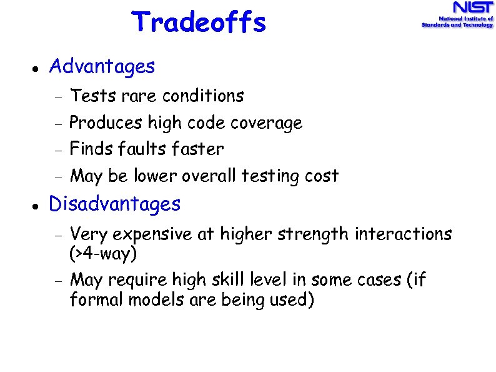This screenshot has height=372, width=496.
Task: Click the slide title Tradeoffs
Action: click(199, 23)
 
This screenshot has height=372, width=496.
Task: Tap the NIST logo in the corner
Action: click(457, 15)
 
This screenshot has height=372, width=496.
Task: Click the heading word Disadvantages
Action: click(114, 204)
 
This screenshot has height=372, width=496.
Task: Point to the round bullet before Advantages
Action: click(36, 68)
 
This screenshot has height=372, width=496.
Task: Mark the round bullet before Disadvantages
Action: click(36, 206)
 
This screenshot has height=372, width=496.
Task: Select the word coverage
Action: click(266, 123)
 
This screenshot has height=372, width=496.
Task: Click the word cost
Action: click(322, 176)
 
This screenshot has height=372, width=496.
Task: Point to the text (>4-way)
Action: click(103, 254)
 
